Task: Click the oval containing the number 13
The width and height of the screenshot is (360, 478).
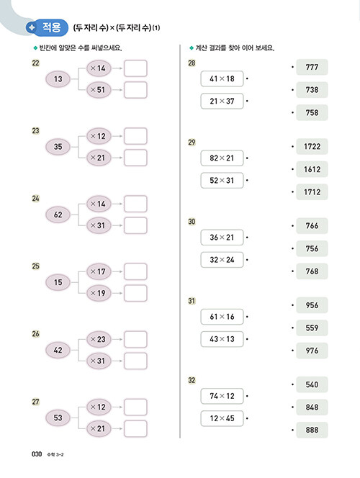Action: pyautogui.click(x=58, y=79)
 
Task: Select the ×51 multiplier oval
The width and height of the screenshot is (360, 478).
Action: pyautogui.click(x=99, y=90)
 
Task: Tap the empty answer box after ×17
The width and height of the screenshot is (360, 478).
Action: pyautogui.click(x=135, y=271)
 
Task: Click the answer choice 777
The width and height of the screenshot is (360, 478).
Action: pyautogui.click(x=312, y=67)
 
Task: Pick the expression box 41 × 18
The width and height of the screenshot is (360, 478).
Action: pyautogui.click(x=222, y=78)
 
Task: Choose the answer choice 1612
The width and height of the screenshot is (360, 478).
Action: pyautogui.click(x=312, y=169)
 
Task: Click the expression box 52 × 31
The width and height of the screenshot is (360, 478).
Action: pyautogui.click(x=222, y=181)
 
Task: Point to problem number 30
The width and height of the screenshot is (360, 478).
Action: pyautogui.click(x=192, y=222)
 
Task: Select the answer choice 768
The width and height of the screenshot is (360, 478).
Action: pyautogui.click(x=312, y=271)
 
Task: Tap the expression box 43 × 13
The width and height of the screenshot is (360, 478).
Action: pyautogui.click(x=222, y=339)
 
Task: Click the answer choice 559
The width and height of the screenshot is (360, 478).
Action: pyautogui.click(x=312, y=328)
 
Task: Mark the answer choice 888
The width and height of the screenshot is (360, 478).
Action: pyautogui.click(x=312, y=430)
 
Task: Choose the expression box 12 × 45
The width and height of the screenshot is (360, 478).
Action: pyautogui.click(x=222, y=418)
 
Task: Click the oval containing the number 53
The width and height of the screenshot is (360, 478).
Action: pyautogui.click(x=58, y=418)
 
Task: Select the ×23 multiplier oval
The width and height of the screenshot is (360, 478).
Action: pyautogui.click(x=99, y=339)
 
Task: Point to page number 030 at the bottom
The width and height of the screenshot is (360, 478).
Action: pyautogui.click(x=37, y=454)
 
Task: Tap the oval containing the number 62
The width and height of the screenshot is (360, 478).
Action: pyautogui.click(x=58, y=215)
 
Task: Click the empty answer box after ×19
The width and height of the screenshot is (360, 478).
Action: pyautogui.click(x=135, y=293)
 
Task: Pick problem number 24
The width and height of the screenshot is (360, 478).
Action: pyautogui.click(x=36, y=199)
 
